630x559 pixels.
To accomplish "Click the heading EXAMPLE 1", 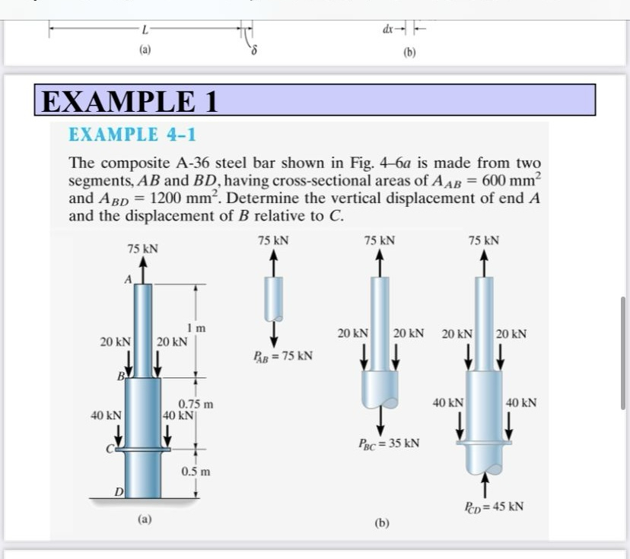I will pos(129,101).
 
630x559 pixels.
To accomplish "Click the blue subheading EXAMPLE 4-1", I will pos(132,135).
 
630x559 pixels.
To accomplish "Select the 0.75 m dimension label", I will pos(196,404).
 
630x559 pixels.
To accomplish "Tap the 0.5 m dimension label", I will pos(196,472).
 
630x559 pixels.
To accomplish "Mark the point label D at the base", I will pos(119,495).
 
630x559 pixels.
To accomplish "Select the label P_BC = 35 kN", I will pos(389,443).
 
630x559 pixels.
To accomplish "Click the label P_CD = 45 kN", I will pos(494,506).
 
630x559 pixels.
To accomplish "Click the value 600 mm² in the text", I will pos(512,183).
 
